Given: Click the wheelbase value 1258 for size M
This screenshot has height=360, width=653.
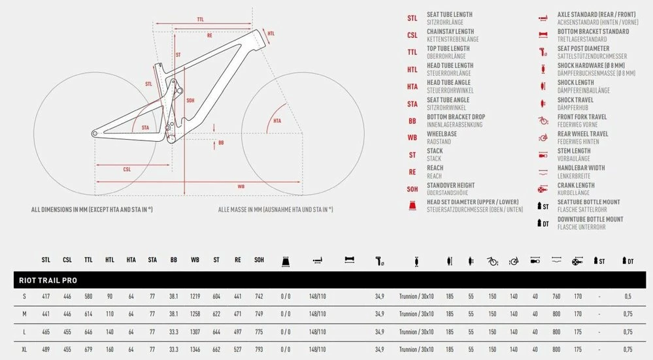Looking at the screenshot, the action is click(x=195, y=314).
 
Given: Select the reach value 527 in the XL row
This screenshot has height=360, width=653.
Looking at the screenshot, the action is click(x=237, y=350).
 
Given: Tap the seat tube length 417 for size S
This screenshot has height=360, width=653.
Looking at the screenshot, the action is click(x=46, y=297).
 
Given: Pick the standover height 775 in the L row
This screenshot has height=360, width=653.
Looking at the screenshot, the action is click(x=259, y=332).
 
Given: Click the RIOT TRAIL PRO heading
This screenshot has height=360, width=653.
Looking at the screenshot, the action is click(x=48, y=280).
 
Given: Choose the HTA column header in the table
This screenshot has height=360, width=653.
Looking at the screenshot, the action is click(x=131, y=260).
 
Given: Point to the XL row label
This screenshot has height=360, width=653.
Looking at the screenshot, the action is click(x=24, y=350).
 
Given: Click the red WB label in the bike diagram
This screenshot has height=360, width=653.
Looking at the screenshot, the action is click(x=241, y=186).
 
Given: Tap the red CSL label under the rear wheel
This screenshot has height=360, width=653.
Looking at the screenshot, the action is click(x=127, y=169).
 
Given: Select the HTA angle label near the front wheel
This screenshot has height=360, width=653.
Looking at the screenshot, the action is click(x=277, y=121).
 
